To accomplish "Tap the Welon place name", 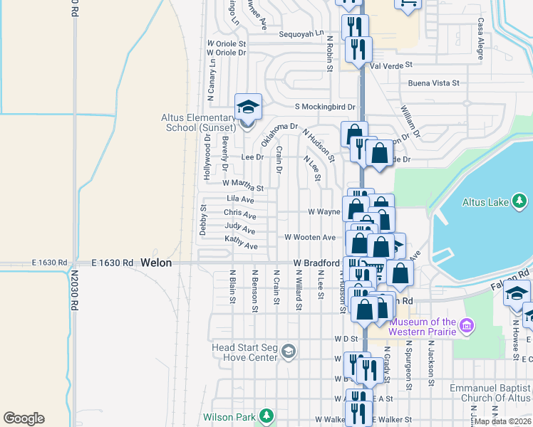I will point(156,263).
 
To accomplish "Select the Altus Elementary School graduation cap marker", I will point(248,108).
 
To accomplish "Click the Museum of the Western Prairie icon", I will point(467,326).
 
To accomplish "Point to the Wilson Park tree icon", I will point(266,415).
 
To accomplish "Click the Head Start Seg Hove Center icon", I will point(289,352).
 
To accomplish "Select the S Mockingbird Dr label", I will point(325,107).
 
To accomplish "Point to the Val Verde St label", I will point(391,65).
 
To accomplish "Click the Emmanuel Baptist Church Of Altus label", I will point(490,394).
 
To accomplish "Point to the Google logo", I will point(24,418).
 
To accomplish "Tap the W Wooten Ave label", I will point(310,237).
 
